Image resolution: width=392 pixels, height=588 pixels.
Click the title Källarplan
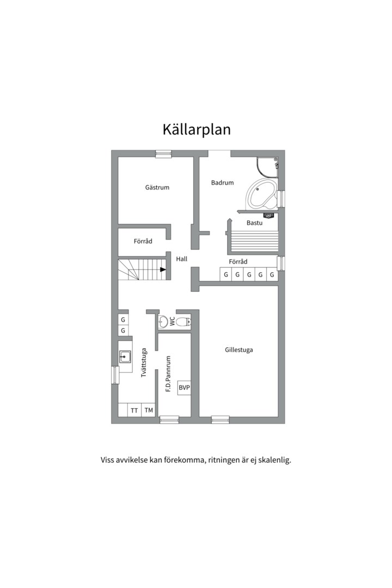tap(196, 130)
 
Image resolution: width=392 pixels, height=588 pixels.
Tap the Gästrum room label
tap(157, 187)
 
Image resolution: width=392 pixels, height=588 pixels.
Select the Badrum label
tap(222, 183)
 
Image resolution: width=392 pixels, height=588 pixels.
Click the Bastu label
tap(254, 223)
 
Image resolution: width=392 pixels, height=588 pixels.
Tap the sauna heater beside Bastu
tap(268, 216)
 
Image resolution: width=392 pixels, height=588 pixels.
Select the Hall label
tap(181, 259)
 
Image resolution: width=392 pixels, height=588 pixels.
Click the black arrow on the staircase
tap(163, 269)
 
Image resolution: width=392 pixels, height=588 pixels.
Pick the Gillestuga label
tap(238, 350)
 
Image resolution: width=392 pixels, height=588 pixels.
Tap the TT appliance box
tap(134, 411)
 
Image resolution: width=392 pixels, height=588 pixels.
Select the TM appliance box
tap(149, 411)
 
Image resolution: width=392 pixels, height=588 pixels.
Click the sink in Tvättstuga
tap(125, 357)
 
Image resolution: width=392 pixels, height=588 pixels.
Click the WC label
tap(173, 322)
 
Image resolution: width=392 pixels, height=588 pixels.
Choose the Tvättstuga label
tap(144, 363)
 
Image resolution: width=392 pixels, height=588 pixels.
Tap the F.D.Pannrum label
tap(169, 374)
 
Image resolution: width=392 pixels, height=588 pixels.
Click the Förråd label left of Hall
tap(143, 241)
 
